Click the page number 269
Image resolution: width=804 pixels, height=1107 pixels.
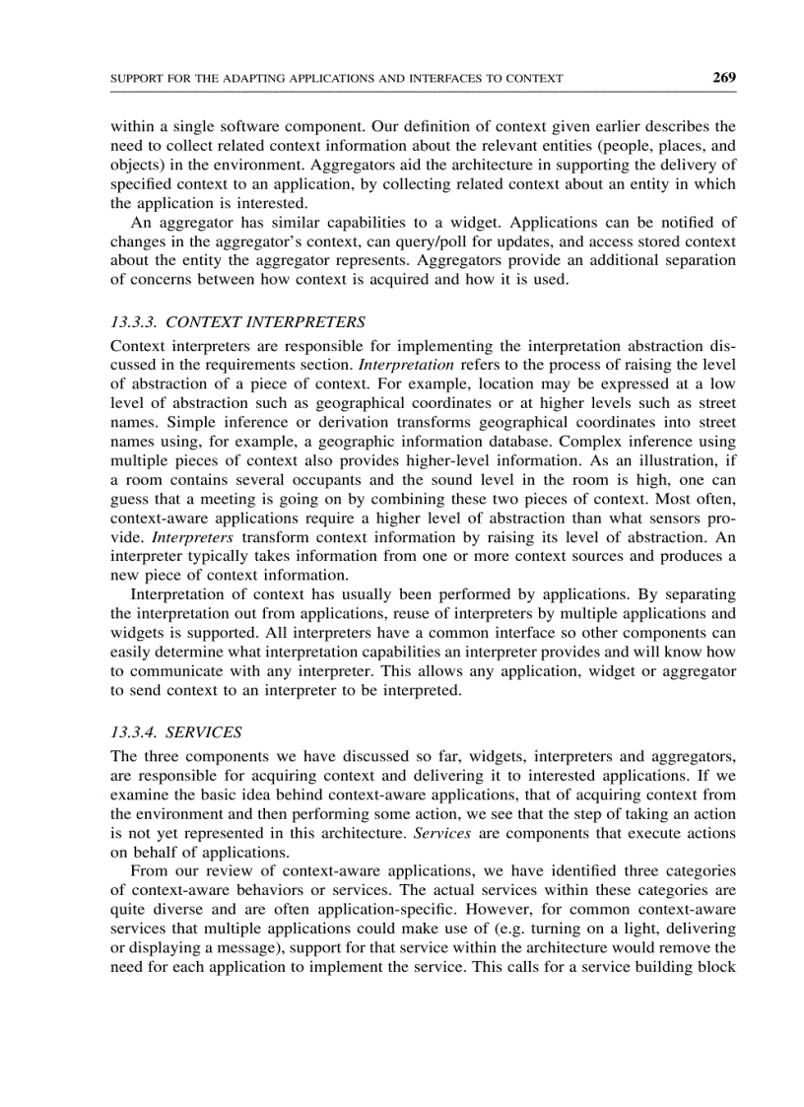[x=724, y=77]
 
